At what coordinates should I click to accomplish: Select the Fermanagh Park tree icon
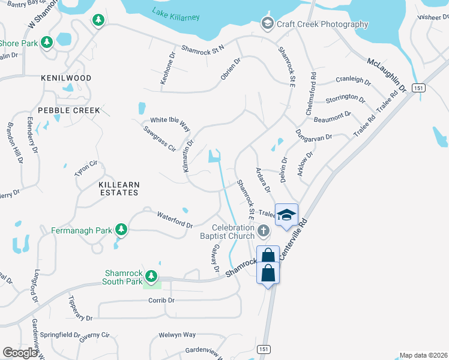121,229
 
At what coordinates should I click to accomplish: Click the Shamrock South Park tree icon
151,276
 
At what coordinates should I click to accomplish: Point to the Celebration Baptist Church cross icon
263,230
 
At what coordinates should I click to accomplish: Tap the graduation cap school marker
287,214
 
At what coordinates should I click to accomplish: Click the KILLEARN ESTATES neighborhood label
118,188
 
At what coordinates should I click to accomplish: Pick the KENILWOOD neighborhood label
66,79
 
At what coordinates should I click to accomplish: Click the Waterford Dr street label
175,220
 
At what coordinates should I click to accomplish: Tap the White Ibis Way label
170,124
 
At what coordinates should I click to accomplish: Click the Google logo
20,353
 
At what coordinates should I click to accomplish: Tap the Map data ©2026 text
423,355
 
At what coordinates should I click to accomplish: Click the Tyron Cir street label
86,168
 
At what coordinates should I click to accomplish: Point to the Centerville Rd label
298,239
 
